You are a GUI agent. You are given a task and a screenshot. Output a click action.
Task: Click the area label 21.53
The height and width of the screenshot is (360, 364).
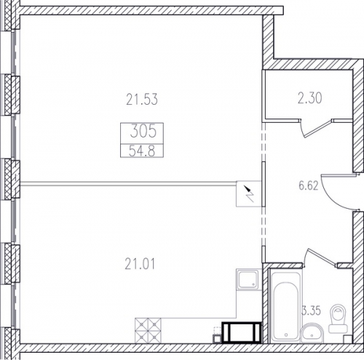pos(142,100)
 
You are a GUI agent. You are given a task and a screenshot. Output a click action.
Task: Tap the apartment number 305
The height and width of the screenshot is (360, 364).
pos(143,132)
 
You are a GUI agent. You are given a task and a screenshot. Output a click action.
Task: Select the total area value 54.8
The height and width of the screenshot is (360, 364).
pos(142,151)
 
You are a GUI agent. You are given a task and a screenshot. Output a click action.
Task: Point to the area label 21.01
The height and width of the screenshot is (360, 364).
pos(140,264)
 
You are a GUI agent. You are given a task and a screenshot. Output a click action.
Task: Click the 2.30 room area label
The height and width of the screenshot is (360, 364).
pos(310,98)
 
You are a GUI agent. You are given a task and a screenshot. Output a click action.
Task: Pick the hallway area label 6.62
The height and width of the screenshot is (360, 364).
pos(308,186)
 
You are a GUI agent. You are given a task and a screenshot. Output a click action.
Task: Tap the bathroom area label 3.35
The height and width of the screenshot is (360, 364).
pos(312,311)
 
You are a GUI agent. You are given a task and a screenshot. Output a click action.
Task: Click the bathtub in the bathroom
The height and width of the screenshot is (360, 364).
pos(285,307)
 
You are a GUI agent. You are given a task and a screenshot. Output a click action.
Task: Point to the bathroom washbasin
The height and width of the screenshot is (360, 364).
pos(312,333)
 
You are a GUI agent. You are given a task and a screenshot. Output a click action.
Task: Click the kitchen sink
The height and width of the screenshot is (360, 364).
pos(248,279)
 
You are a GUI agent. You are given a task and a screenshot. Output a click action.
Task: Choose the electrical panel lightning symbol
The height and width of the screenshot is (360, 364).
pos(250,193)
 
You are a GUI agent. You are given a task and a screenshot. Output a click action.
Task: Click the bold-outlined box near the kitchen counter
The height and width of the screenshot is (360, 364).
pos(242,332)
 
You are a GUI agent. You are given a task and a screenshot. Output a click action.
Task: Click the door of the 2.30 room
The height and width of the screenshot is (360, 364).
pos(318,127)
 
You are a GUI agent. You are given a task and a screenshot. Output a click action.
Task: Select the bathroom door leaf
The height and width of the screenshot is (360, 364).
pos(323,257)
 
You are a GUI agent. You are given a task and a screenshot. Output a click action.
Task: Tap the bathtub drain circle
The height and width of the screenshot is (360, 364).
pos(286,335)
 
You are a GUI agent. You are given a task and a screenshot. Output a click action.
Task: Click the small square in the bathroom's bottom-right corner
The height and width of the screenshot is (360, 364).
pos(348,340)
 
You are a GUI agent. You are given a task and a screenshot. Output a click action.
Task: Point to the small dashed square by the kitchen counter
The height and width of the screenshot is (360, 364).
pos(217,331)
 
